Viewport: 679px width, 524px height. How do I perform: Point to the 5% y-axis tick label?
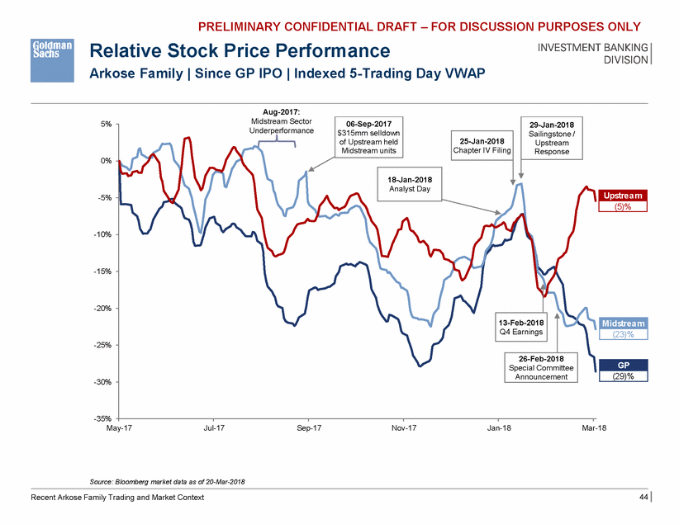[x=107, y=125]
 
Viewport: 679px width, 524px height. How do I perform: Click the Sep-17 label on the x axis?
[x=308, y=428]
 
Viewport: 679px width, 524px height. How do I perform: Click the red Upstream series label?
[x=623, y=196]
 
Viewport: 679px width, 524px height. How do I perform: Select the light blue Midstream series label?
[x=623, y=323]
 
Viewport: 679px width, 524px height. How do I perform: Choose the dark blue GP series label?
[x=623, y=364]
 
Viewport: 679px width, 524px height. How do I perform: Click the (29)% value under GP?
[x=623, y=376]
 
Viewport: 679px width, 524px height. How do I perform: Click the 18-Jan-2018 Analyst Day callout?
[x=410, y=184]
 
